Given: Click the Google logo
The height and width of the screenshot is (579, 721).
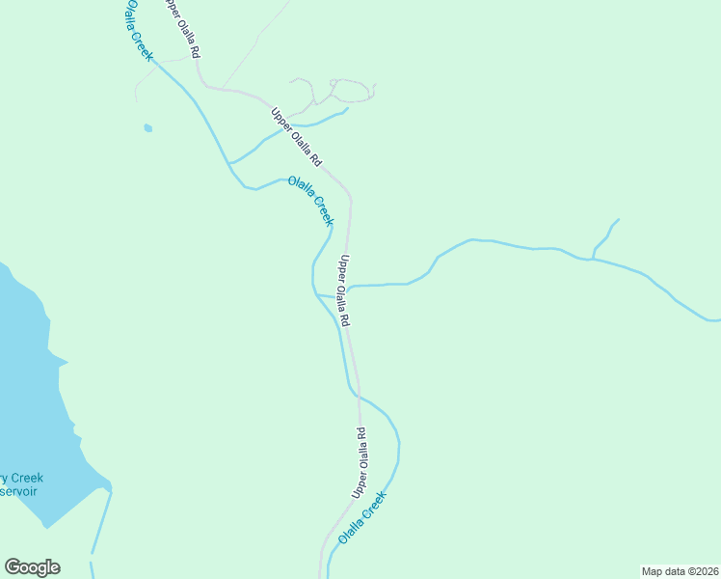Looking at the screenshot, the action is click(x=32, y=567).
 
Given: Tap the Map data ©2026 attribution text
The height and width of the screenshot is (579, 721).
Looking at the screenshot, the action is click(x=680, y=571).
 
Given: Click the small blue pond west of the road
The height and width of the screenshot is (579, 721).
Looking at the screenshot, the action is click(x=147, y=127).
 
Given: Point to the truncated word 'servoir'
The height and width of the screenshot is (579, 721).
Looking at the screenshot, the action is click(x=19, y=491).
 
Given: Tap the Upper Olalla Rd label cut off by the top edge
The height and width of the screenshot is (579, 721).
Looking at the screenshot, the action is click(x=182, y=27).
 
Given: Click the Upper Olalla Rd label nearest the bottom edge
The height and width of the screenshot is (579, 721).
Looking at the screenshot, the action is click(x=360, y=463).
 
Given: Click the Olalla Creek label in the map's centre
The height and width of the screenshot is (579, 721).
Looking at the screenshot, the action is click(x=310, y=197).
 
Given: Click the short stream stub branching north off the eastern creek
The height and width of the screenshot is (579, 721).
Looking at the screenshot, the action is click(x=604, y=237).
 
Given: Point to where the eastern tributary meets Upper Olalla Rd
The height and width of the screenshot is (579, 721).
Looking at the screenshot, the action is click(x=349, y=288).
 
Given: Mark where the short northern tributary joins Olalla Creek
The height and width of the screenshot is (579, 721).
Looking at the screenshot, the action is click(x=229, y=163).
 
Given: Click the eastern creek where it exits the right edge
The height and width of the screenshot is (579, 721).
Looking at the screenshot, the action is click(x=713, y=319).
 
